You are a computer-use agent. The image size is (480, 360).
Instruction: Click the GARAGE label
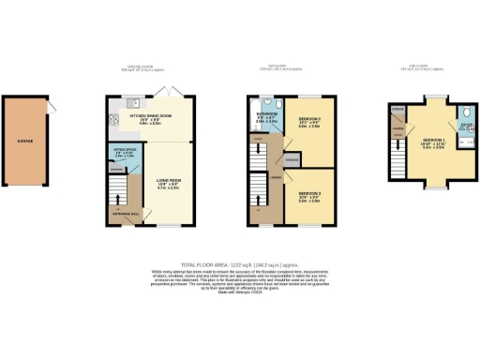tap(25, 143)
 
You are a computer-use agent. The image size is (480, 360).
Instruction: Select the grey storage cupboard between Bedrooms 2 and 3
tap(292, 161)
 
